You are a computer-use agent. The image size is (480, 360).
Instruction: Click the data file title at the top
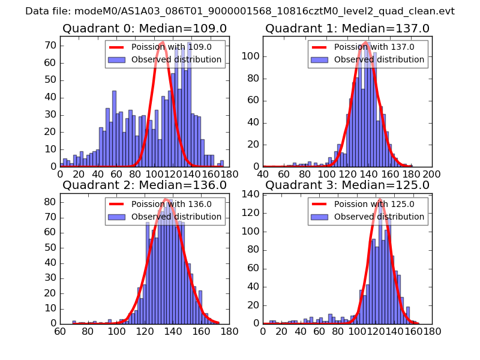click(240, 11)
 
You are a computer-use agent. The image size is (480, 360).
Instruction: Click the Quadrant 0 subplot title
click(145, 28)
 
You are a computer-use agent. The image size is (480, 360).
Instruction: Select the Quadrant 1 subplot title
click(347, 28)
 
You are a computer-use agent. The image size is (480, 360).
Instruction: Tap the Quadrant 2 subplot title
click(145, 185)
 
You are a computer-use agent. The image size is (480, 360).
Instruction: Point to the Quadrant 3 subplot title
click(347, 185)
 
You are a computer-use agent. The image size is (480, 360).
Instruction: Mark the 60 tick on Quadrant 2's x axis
click(60, 330)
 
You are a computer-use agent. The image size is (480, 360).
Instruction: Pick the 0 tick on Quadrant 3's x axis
click(263, 330)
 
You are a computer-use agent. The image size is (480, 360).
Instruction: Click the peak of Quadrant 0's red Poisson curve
click(163, 42)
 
